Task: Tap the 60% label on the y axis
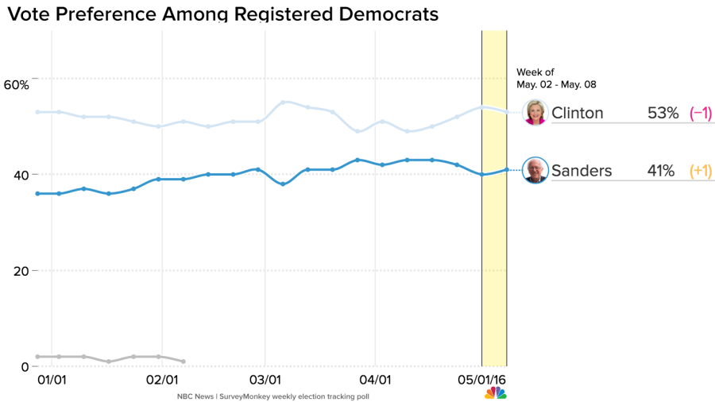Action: pyautogui.click(x=16, y=84)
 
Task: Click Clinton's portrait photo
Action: pyautogui.click(x=535, y=113)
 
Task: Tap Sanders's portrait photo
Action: pyautogui.click(x=535, y=170)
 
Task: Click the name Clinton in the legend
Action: pyautogui.click(x=578, y=113)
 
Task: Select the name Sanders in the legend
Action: pyautogui.click(x=582, y=170)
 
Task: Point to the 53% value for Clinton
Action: pyautogui.click(x=663, y=113)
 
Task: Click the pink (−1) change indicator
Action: pyautogui.click(x=701, y=113)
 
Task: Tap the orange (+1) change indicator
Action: pyautogui.click(x=701, y=170)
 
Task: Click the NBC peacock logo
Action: pyautogui.click(x=496, y=393)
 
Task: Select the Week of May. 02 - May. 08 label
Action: pyautogui.click(x=555, y=78)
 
